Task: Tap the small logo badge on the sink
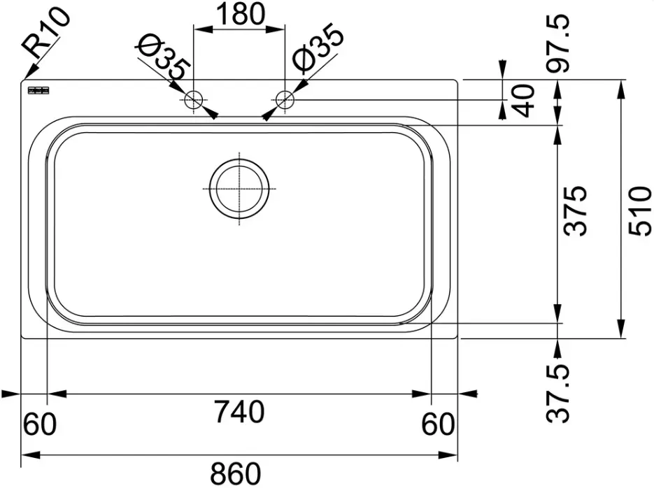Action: pyautogui.click(x=38, y=90)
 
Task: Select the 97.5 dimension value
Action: pyautogui.click(x=558, y=43)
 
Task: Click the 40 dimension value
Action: pyautogui.click(x=523, y=101)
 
